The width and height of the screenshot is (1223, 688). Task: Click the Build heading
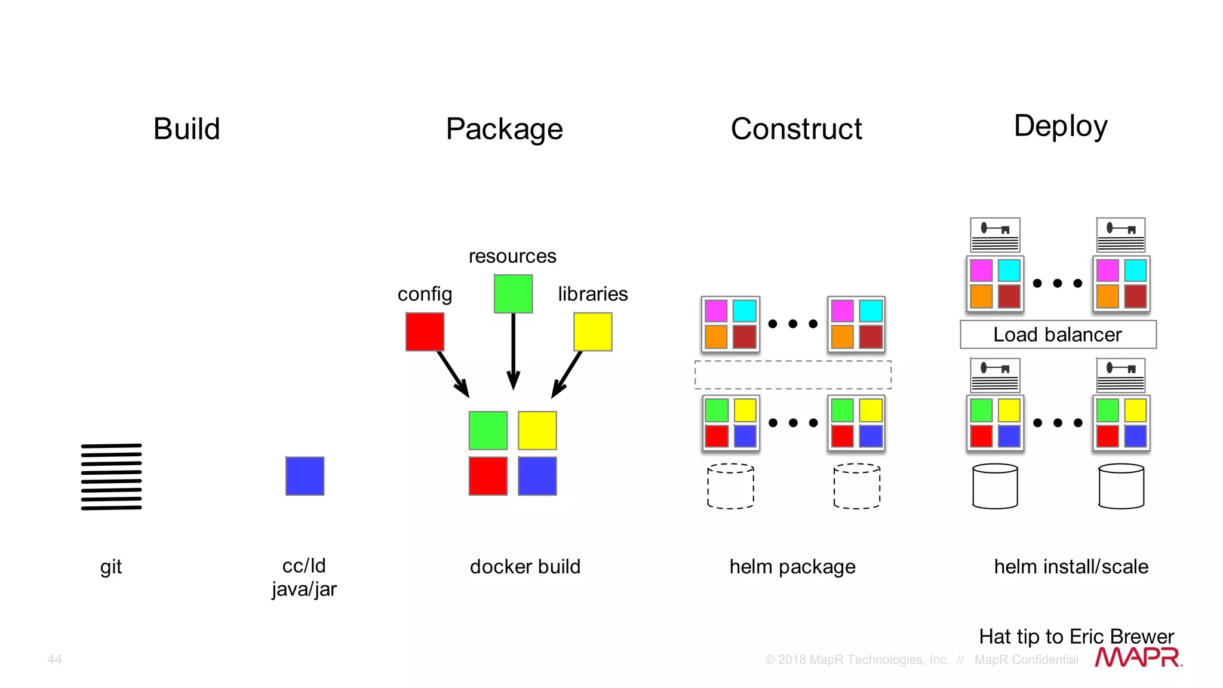click(x=186, y=129)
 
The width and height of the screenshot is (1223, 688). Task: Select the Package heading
click(x=504, y=129)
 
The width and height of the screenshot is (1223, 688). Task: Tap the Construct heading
click(x=796, y=129)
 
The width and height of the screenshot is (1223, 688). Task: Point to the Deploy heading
click(x=1061, y=126)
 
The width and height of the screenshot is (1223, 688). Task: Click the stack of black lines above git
click(x=112, y=477)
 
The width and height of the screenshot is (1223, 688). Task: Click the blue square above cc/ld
click(x=305, y=476)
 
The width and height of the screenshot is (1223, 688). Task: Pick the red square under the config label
click(x=425, y=331)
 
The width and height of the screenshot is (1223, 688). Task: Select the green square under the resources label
click(x=513, y=293)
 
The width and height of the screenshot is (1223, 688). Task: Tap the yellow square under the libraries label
click(x=592, y=331)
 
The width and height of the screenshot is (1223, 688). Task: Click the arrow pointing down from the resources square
click(x=513, y=352)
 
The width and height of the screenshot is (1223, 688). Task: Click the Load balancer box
click(x=1058, y=334)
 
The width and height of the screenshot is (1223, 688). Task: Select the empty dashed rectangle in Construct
click(x=792, y=374)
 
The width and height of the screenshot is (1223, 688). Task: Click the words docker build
click(x=525, y=566)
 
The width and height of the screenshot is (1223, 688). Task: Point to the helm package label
click(x=792, y=566)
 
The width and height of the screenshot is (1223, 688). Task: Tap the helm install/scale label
click(x=1071, y=566)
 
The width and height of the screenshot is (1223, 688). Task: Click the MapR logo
click(x=1138, y=657)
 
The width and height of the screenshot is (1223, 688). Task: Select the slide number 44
click(x=54, y=659)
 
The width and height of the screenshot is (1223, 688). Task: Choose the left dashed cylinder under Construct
click(x=730, y=486)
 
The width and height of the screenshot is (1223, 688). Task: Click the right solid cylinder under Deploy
click(x=1121, y=486)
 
